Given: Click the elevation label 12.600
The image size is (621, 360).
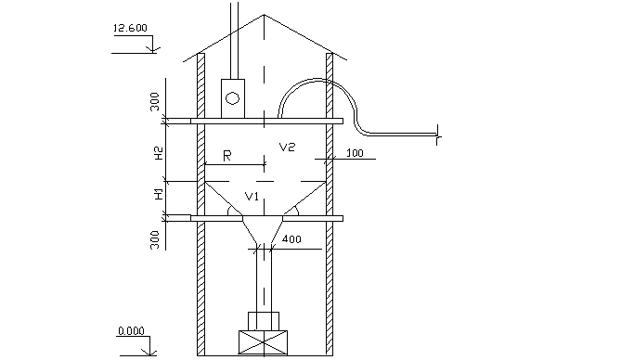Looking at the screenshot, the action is point(130,28).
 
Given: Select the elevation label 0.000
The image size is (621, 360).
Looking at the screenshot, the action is point(131,330).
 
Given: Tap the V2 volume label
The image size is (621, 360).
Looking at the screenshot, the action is point(287,148).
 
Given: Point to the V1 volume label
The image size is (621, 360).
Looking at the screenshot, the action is point(252,196).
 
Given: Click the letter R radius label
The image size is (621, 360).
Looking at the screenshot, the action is point(226,156).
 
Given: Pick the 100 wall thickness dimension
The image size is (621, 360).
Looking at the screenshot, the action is point(355,153).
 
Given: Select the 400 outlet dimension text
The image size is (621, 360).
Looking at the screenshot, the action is point(291,238).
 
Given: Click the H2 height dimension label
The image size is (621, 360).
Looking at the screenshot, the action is point(159,153).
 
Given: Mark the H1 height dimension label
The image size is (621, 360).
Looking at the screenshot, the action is point(159,194).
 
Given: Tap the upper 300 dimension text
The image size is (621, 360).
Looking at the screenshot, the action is point(154,101).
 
